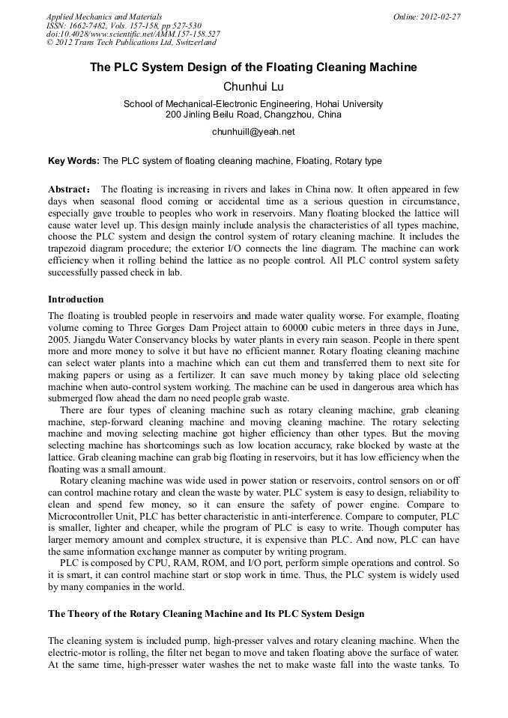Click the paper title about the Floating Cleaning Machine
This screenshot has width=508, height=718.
pyautogui.click(x=253, y=67)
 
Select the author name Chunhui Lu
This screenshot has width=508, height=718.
pyautogui.click(x=253, y=87)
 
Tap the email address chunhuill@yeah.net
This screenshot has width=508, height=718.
pyautogui.click(x=253, y=132)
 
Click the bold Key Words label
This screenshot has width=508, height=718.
pyautogui.click(x=73, y=160)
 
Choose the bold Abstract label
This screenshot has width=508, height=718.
pyautogui.click(x=69, y=189)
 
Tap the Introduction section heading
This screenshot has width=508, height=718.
pyautogui.click(x=76, y=299)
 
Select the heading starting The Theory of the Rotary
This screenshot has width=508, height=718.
pyautogui.click(x=206, y=614)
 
